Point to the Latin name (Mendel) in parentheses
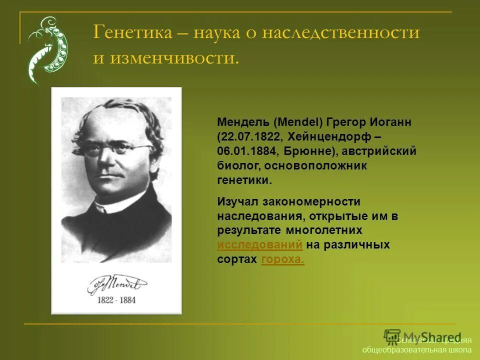298,122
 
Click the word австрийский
378,151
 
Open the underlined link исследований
260,245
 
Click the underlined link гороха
282,259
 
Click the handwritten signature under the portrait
116,284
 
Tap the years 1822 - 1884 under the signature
116,300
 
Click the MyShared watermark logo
422,336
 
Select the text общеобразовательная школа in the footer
416,349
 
